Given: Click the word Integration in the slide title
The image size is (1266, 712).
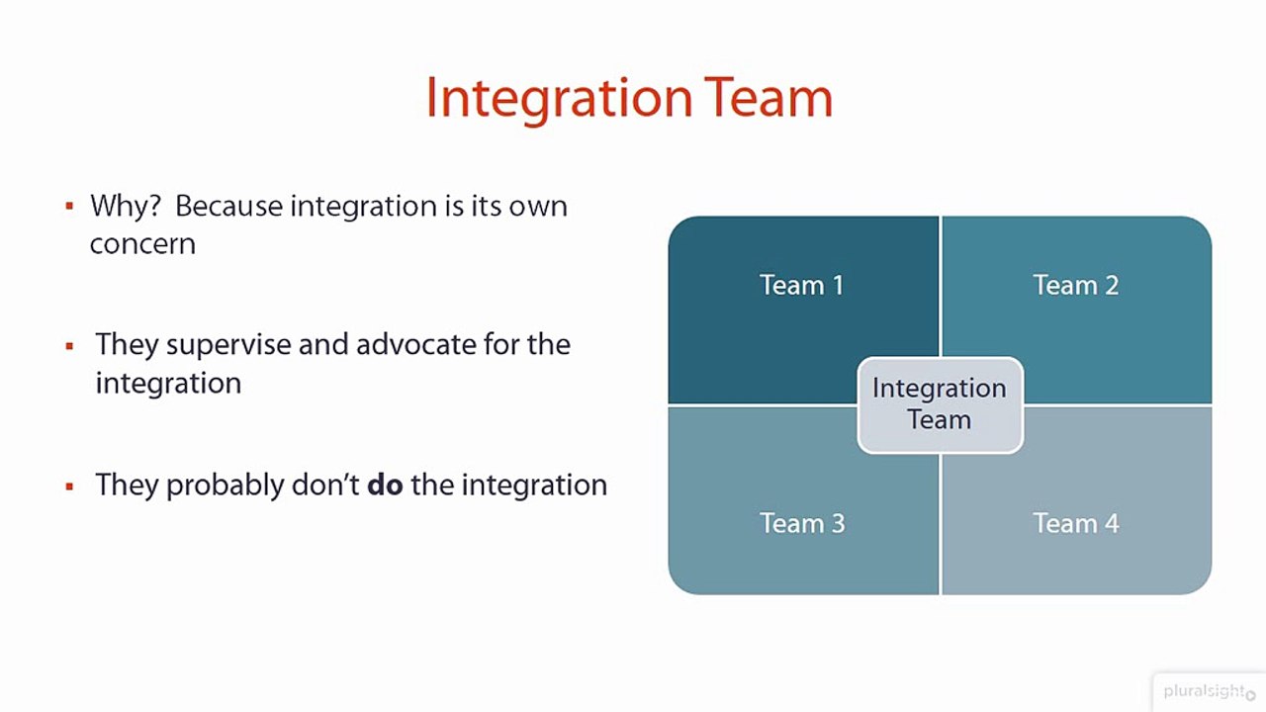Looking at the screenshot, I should tap(559, 99).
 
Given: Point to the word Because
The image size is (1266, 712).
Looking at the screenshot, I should tap(228, 207).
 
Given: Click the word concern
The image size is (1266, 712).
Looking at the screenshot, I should tap(142, 244).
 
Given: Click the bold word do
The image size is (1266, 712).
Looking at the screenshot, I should tap(385, 486).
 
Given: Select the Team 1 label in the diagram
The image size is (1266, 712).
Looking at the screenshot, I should tap(801, 286).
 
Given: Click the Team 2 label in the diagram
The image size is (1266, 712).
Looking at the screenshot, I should tap(1075, 286).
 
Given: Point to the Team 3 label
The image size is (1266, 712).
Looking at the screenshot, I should tap(801, 523).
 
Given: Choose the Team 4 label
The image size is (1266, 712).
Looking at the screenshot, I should tap(1075, 523).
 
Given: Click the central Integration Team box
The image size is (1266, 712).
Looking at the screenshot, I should tap(939, 404).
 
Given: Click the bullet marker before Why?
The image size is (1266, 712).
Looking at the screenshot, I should tap(69, 207).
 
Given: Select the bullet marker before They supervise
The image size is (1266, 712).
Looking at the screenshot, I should tap(69, 346).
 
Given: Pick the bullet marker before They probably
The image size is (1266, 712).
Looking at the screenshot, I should tap(69, 487).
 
